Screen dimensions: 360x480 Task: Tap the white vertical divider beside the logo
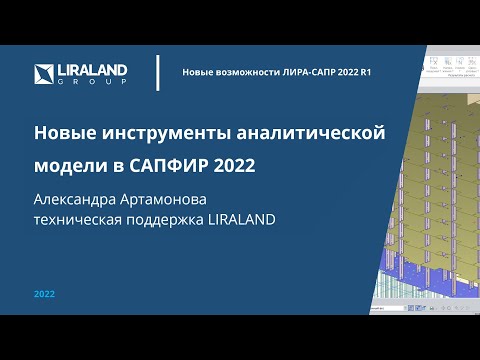(158, 73)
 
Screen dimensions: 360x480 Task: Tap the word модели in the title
(68, 162)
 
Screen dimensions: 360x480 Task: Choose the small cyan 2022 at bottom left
(44, 295)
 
